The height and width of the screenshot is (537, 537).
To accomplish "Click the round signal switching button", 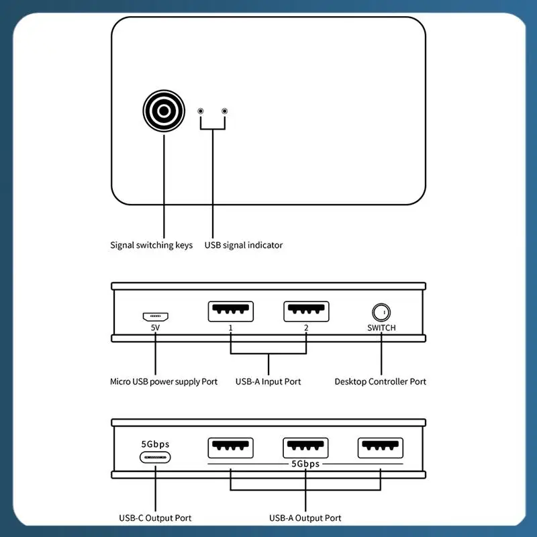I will click(x=164, y=111).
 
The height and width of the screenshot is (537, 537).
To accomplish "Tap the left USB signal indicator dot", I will click(x=200, y=111).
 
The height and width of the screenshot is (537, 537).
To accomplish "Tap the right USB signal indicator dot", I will click(x=224, y=111).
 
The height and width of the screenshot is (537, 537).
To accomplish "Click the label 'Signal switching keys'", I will click(x=151, y=245).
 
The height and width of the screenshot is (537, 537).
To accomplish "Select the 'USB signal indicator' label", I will click(x=244, y=245).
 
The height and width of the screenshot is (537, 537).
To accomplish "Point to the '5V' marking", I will click(x=155, y=328).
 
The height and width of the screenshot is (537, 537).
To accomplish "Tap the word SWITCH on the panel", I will click(x=381, y=328).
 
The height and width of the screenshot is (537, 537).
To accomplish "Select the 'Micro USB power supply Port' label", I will click(x=164, y=381).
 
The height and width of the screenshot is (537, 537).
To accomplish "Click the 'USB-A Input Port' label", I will click(x=268, y=381).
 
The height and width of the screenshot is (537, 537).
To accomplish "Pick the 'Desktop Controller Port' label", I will click(x=380, y=381).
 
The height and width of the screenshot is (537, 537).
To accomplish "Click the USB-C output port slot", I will click(x=155, y=457).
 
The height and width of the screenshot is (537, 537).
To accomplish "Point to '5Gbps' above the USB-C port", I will click(x=155, y=444).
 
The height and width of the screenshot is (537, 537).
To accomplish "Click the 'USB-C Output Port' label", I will click(x=155, y=518).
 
